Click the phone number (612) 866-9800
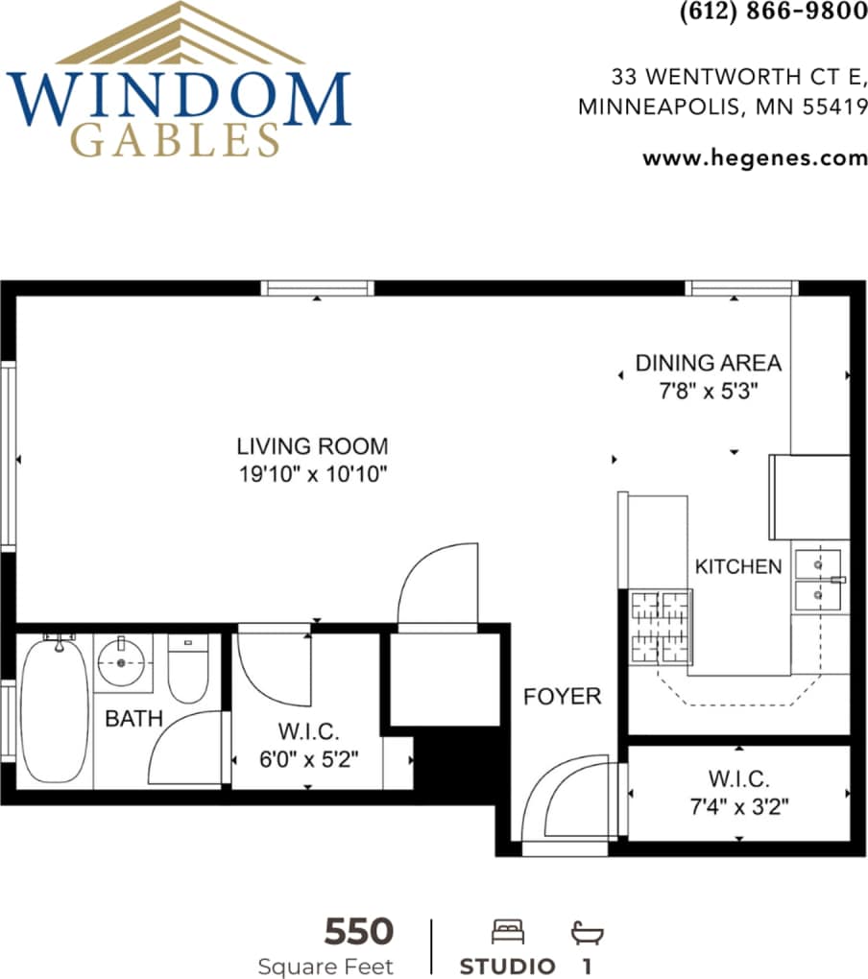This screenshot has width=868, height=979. click(x=773, y=12)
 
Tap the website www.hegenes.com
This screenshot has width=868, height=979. click(x=755, y=158)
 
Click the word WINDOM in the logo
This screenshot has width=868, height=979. click(x=180, y=98)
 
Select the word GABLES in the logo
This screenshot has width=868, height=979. click(x=177, y=141)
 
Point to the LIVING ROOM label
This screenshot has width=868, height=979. click(x=312, y=446)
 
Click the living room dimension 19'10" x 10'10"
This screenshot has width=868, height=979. click(x=312, y=473)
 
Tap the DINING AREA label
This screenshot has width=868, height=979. click(x=708, y=364)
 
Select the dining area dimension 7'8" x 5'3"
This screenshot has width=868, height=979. click(x=708, y=392)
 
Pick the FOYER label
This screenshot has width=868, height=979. click(x=562, y=696)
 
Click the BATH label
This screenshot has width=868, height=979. click(x=133, y=718)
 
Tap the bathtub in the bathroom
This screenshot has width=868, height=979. click(x=55, y=711)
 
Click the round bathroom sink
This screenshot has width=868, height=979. click(x=122, y=660)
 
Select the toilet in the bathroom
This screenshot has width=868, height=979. click(x=188, y=668)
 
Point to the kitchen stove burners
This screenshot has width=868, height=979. click(x=661, y=627)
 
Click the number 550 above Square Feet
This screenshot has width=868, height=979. click(x=358, y=931)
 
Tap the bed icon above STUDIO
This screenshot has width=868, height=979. click(x=507, y=931)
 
